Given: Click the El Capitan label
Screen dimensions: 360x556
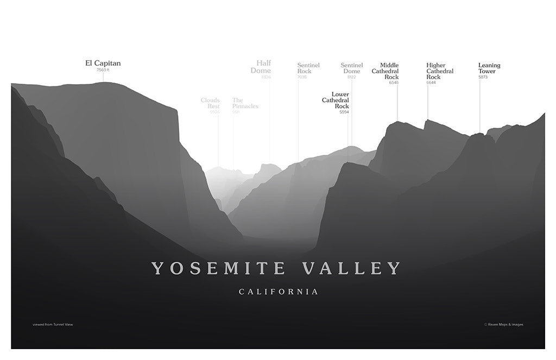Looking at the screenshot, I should point(103,64).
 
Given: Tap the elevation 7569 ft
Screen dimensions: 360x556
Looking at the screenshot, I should point(103,70).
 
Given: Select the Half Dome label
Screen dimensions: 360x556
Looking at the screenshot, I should point(263,67).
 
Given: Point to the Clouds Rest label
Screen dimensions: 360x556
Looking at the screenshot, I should point(210,103).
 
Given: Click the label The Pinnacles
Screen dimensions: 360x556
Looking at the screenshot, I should point(245,103).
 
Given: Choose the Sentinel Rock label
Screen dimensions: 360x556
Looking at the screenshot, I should point(308,68).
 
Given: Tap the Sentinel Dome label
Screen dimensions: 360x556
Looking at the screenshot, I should point(351,68).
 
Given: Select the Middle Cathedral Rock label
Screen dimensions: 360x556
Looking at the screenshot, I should point(386,71).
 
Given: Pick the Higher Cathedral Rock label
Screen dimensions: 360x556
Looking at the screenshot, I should point(440,71).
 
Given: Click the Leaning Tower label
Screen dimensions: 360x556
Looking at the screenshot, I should point(489,68).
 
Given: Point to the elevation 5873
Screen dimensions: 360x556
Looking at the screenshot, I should point(483,77).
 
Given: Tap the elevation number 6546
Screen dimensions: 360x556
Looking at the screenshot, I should point(394,83).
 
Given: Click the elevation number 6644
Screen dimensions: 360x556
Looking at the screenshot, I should point(431,83).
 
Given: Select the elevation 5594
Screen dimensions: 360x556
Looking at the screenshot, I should point(344,112).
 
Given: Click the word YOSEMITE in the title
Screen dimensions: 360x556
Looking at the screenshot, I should point(219,268).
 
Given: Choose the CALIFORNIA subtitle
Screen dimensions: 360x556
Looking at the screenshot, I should point(279,292).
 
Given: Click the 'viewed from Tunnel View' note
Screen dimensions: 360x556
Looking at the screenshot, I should point(53,325).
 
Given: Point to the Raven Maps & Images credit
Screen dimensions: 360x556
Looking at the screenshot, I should point(504,325).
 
